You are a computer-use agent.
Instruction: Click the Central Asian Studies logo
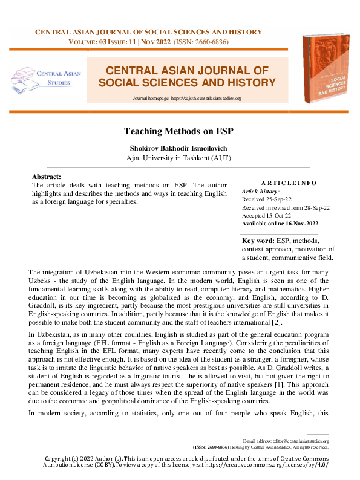coord(42,79)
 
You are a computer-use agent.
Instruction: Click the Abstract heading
coord(46,176)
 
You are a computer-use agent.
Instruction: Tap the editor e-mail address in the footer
coord(300,442)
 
